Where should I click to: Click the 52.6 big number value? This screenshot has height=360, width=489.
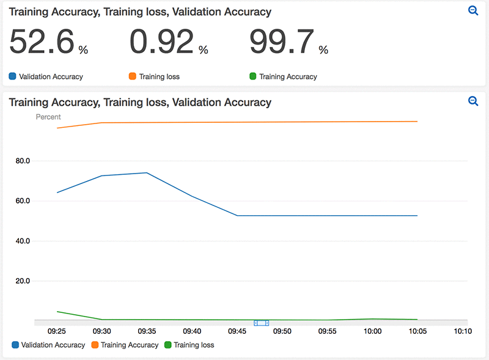42,42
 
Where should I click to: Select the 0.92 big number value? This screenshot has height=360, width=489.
162,42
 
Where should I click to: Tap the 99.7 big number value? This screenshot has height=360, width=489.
282,42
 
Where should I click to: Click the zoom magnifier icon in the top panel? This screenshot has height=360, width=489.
472,11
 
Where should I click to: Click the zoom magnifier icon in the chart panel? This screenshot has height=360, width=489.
472,101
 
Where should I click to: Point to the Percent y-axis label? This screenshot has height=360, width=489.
48,117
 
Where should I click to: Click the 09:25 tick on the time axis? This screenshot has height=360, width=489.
57,331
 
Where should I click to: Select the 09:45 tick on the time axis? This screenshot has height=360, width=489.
237,331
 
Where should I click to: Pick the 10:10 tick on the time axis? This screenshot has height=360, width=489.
463,331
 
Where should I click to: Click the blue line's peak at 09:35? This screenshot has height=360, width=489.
147,173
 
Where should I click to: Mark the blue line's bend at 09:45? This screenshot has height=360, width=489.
237,216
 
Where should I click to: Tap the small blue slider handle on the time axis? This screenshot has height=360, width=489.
262,322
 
